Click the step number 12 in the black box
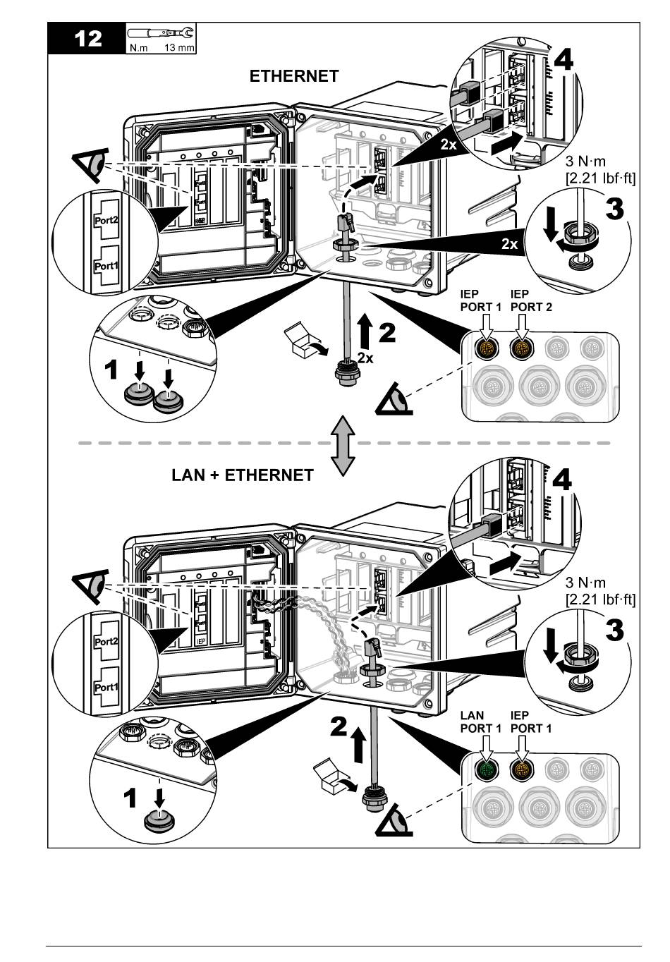point(87,38)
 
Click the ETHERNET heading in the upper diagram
point(294,76)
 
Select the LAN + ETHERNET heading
point(243,475)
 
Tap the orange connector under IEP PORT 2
point(521,348)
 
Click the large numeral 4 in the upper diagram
point(563,61)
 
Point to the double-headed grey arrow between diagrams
point(343,444)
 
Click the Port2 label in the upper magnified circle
point(106,219)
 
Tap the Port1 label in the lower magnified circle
point(106,687)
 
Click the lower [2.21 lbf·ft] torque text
point(600,599)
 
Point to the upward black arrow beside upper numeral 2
point(365,331)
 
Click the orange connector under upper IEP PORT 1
point(487,348)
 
